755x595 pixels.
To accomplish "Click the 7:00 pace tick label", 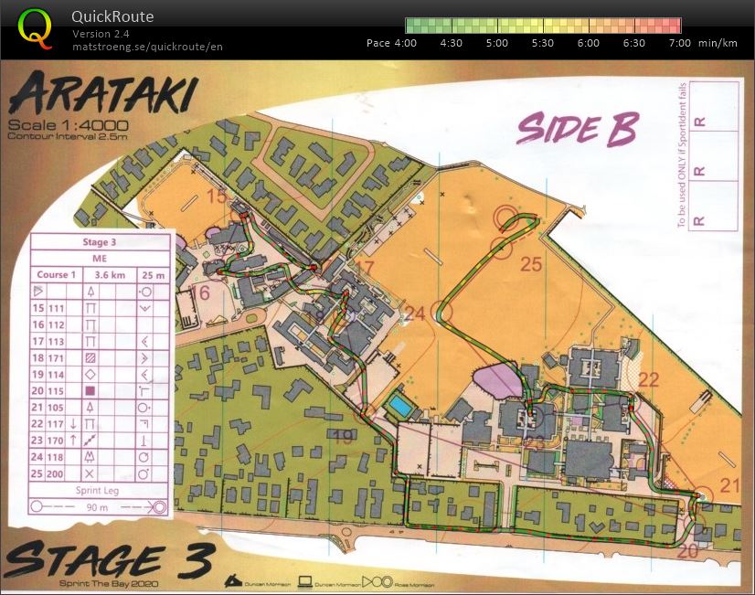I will tap(681, 43).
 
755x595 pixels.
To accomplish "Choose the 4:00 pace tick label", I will tap(405, 43).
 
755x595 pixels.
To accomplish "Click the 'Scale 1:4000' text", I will tap(68, 125).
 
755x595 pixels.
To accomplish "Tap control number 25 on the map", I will tap(531, 265).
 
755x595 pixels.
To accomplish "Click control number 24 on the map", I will tap(415, 313).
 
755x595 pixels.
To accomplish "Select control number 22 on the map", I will tap(648, 379).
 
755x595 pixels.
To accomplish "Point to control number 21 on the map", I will tap(728, 485).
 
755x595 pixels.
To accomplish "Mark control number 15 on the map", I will tap(217, 196).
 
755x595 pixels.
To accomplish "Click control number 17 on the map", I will tap(365, 268).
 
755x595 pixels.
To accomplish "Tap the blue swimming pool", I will tap(399, 405).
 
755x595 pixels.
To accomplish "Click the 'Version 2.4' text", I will tap(101, 34).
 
